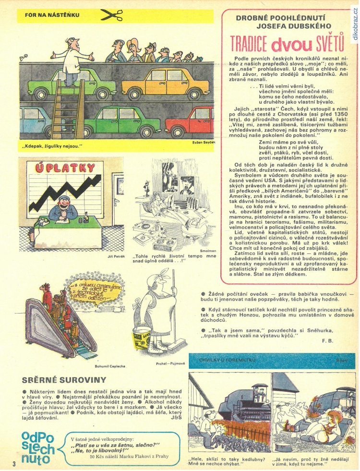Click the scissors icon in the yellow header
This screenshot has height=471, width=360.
[x=111, y=15]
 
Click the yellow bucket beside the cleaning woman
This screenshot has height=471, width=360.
[x=143, y=336]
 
